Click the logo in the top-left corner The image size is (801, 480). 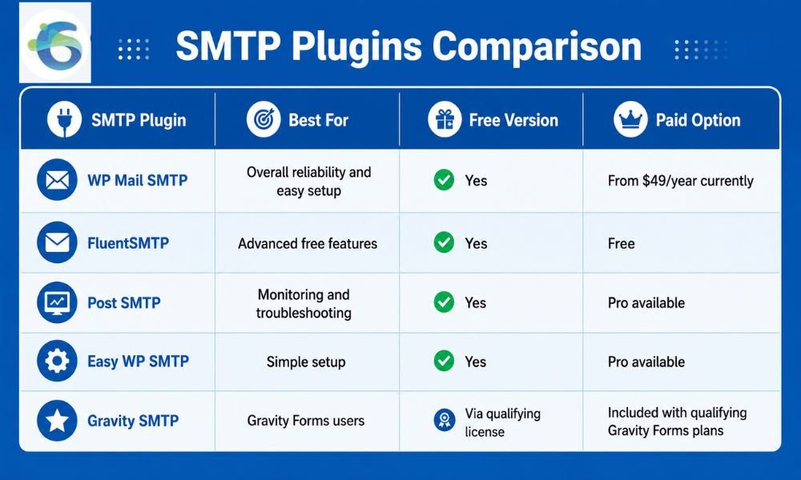click(55, 43)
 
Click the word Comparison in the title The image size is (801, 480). click(537, 46)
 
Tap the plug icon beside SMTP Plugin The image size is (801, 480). click(64, 119)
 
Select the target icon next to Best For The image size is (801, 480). click(264, 119)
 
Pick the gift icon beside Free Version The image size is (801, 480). click(445, 119)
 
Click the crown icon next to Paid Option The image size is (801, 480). click(630, 119)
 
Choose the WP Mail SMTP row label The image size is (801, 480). click(138, 180)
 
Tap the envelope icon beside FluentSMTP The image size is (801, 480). click(57, 242)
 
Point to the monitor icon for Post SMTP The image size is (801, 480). click(57, 302)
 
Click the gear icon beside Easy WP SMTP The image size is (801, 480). click(57, 361)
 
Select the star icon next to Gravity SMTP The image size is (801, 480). click(57, 420)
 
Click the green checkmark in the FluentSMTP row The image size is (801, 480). click(444, 242)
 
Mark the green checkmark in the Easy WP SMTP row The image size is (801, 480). click(444, 361)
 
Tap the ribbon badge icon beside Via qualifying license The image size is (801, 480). click(445, 420)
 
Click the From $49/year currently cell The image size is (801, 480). click(680, 181)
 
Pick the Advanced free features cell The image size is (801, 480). click(308, 243)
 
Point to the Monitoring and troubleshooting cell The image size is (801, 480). click(304, 303)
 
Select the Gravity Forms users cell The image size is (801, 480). click(305, 420)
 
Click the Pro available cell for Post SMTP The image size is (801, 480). click(646, 302)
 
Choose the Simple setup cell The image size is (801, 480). click(306, 362)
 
